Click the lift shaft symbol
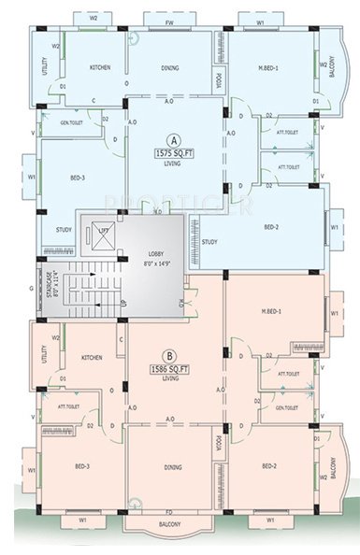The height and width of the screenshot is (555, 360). (x=98, y=235)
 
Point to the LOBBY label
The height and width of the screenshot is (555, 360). (x=157, y=254)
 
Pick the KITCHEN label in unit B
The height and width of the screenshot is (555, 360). (x=93, y=358)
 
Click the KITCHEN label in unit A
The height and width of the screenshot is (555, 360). (x=100, y=68)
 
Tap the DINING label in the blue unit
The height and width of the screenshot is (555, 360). (x=170, y=67)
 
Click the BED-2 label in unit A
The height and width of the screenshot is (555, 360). (x=271, y=227)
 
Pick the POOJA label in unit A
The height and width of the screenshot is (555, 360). (x=219, y=81)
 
